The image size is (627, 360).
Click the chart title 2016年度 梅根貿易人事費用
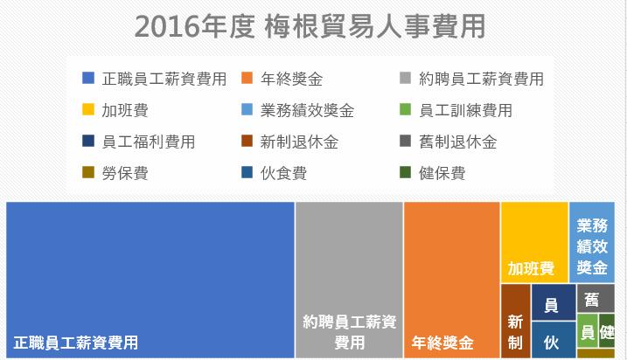pyautogui.click(x=310, y=26)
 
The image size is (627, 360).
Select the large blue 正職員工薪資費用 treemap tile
pyautogui.click(x=150, y=280)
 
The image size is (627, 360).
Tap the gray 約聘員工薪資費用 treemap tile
pyautogui.click(x=349, y=280)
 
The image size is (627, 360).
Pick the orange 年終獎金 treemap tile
pyautogui.click(x=451, y=280)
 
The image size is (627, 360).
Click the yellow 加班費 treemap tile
pyautogui.click(x=533, y=242)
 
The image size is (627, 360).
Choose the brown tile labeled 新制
pyautogui.click(x=515, y=321)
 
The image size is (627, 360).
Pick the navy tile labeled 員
pyautogui.click(x=553, y=303)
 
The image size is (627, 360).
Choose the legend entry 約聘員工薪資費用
pyautogui.click(x=481, y=79)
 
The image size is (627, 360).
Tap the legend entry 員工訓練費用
pyautogui.click(x=465, y=110)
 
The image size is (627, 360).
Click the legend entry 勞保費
pyautogui.click(x=124, y=173)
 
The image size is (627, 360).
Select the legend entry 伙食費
pyautogui.click(x=283, y=173)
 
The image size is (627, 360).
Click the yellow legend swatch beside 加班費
pyautogui.click(x=87, y=110)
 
